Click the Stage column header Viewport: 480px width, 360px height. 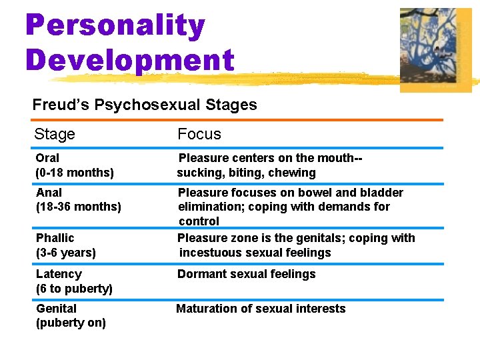pyautogui.click(x=55, y=134)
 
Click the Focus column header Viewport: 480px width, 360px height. pyautogui.click(x=199, y=134)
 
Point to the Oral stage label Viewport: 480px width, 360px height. pyautogui.click(x=47, y=158)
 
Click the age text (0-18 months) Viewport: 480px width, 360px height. pyautogui.click(x=75, y=173)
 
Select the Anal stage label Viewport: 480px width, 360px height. pyautogui.click(x=49, y=193)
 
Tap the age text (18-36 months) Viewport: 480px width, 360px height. pyautogui.click(x=79, y=207)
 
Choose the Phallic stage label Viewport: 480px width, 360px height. pyautogui.click(x=55, y=238)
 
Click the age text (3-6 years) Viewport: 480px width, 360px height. pyautogui.click(x=66, y=253)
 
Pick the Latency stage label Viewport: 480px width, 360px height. pyautogui.click(x=59, y=274)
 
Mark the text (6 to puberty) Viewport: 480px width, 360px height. pyautogui.click(x=74, y=289)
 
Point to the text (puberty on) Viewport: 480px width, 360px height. pyautogui.click(x=71, y=323)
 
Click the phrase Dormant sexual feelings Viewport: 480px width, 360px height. pyautogui.click(x=246, y=274)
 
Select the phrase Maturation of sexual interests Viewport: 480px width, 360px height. pyautogui.click(x=261, y=309)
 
